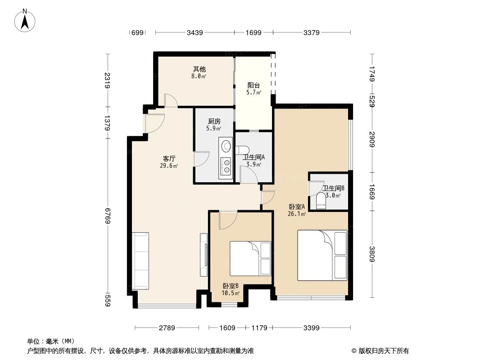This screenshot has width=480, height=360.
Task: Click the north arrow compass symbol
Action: click(x=25, y=20)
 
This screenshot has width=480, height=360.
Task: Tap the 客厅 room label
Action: click(x=169, y=158)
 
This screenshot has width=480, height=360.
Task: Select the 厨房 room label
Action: click(x=214, y=121)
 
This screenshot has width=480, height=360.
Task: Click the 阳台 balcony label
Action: click(x=254, y=85)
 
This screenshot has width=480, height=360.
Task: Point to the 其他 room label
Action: click(x=199, y=69)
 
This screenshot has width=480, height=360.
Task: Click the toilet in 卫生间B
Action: click(x=321, y=201)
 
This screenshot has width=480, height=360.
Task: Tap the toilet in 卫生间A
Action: click(x=243, y=150)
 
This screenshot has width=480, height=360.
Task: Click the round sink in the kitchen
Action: click(x=226, y=146)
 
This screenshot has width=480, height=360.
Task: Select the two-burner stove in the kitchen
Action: click(x=226, y=166)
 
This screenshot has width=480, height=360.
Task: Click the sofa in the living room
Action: click(x=140, y=261)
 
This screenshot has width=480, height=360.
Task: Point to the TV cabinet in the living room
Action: click(x=204, y=255)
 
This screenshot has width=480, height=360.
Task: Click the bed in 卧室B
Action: click(x=250, y=258)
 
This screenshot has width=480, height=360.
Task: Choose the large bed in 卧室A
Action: click(x=322, y=256)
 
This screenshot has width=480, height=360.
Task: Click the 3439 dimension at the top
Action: click(x=195, y=32)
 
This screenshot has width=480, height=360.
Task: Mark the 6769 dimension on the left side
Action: click(x=108, y=216)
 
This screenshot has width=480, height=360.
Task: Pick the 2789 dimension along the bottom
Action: click(x=167, y=328)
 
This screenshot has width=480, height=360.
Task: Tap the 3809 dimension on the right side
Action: click(x=372, y=254)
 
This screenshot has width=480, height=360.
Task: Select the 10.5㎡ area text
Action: click(x=231, y=293)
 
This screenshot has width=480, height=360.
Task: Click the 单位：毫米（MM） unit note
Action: click(x=50, y=341)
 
